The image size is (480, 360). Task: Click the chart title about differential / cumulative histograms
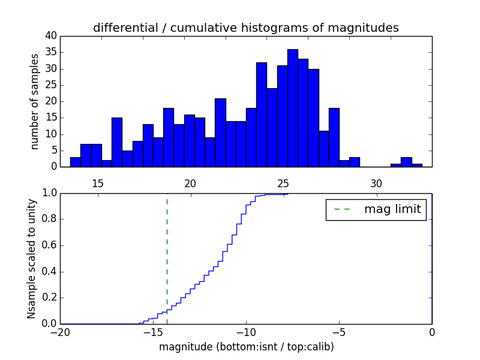pos(245,28)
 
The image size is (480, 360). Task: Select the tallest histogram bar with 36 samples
pos(293,108)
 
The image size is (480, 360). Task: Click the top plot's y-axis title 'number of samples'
pos(35,101)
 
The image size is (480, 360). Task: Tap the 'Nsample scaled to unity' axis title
pos(32,258)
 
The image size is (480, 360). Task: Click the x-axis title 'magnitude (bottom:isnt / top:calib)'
pos(246,347)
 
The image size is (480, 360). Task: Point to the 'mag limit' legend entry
pos(376,209)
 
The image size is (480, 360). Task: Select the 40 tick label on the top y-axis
pos(51,36)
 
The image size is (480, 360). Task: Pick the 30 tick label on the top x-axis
pos(376,183)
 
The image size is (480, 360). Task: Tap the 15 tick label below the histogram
pos(98,183)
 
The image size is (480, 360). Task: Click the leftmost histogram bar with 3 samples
pos(76,162)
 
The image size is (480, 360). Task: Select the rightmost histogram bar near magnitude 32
pos(417,165)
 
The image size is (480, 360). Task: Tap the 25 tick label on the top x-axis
pos(283,183)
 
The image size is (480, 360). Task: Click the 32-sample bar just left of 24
pos(262,115)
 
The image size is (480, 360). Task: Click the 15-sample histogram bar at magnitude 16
pos(117,142)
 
